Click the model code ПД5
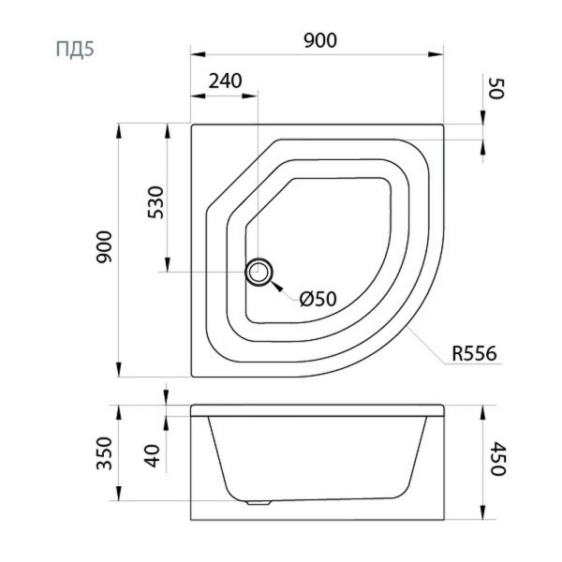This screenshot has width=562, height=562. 75,49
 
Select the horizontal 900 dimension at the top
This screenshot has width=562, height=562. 320,40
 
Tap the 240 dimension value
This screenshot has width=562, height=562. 225,81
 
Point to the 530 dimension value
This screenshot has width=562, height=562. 155,202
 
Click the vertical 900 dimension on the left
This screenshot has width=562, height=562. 104,247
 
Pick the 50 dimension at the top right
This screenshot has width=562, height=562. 496,89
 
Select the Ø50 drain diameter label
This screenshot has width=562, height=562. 318,299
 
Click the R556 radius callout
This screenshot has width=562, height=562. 474,353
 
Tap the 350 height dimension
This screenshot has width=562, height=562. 105,453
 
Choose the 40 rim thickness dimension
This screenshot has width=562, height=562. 153,455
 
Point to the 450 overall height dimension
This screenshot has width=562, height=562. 497,458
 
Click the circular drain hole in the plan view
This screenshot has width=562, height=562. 259,272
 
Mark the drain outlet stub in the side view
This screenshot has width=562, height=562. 259,503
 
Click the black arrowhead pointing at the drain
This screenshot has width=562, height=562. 276,287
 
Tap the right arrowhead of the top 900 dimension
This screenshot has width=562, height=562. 436,54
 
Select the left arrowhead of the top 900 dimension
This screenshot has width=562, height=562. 198,54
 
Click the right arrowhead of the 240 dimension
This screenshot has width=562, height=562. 250,96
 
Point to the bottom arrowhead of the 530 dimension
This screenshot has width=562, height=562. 167,264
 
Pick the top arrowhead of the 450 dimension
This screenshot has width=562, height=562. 482,413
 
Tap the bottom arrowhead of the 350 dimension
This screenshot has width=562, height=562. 119,494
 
